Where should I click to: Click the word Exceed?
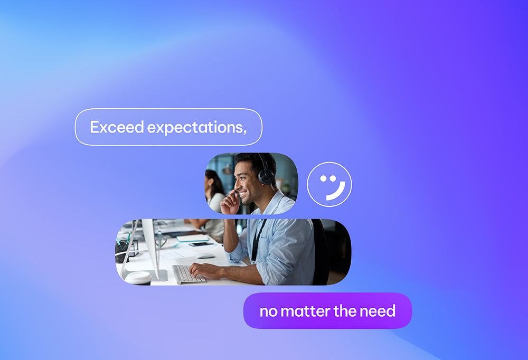click(117, 127)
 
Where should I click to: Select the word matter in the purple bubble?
click(305, 311)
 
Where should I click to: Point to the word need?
click(378, 311)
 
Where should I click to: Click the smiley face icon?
click(329, 184)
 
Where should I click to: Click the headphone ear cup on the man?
click(266, 175)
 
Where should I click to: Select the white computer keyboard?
click(188, 274)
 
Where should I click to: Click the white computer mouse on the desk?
click(205, 255)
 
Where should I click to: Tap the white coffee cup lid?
click(138, 277)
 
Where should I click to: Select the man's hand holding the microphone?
click(231, 202)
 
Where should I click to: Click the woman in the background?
click(214, 191)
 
